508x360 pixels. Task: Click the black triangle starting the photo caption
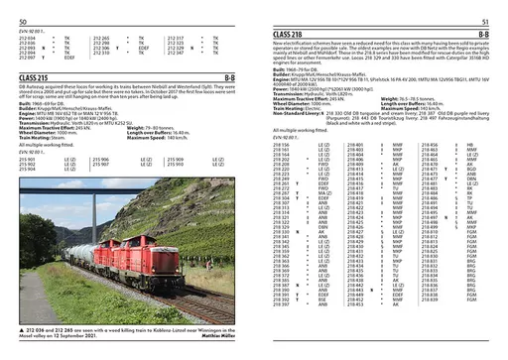coord(22,327)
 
